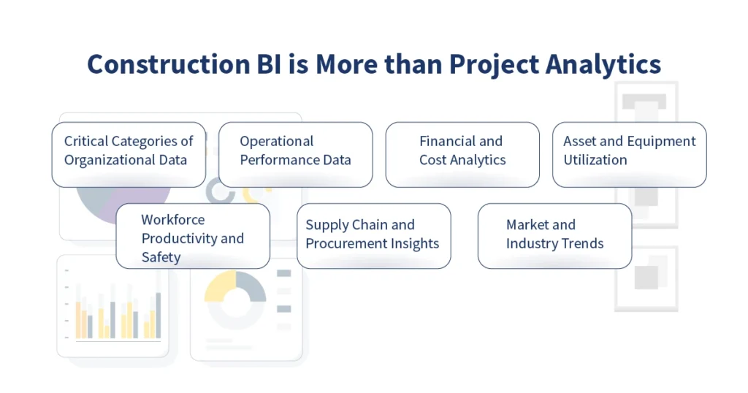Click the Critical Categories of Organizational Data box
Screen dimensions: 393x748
click(x=129, y=154)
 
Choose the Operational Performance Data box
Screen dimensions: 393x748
click(x=295, y=154)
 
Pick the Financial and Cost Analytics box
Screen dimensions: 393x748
click(x=462, y=154)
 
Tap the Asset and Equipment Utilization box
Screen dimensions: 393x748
click(x=629, y=154)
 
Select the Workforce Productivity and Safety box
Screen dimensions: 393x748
click(x=193, y=236)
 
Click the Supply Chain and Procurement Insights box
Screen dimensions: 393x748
click(x=373, y=236)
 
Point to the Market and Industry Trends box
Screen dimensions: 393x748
click(x=554, y=236)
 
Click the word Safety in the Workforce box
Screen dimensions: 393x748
click(x=161, y=257)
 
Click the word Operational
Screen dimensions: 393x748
click(x=276, y=142)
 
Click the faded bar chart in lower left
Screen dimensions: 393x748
click(x=113, y=310)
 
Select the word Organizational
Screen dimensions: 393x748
click(x=126, y=161)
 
